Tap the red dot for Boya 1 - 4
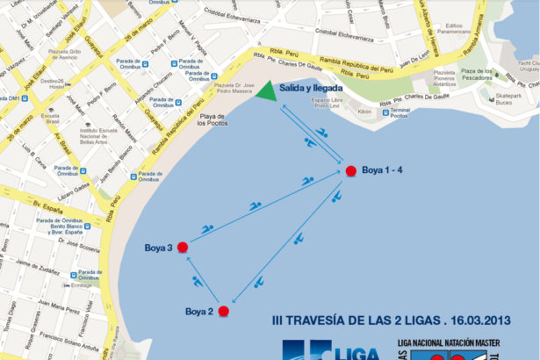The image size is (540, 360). point(351,170)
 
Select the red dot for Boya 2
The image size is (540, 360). point(224,311)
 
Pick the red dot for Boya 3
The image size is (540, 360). point(183,247)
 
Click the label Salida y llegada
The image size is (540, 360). point(310,89)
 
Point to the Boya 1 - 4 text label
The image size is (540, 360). point(384,170)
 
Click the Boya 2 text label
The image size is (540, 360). point(199,311)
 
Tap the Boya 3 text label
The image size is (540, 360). point(159,248)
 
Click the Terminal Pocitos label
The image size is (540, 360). point(399,113)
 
